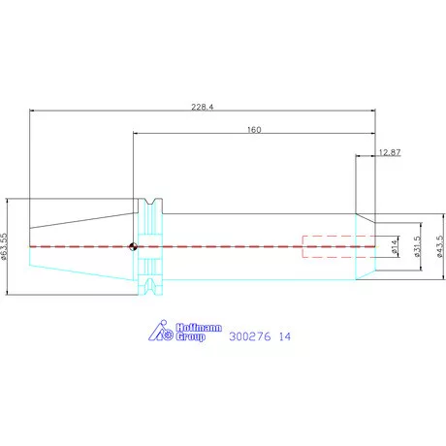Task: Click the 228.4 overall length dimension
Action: [203, 107]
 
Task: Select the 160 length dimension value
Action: [254, 130]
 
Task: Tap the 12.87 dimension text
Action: [390, 152]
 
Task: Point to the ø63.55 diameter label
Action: [4, 246]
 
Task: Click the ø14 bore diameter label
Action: [394, 246]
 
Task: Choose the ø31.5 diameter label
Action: [417, 246]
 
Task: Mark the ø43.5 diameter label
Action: [440, 246]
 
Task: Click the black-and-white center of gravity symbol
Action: [133, 246]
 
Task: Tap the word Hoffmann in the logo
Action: [199, 328]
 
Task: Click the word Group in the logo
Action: [190, 336]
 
